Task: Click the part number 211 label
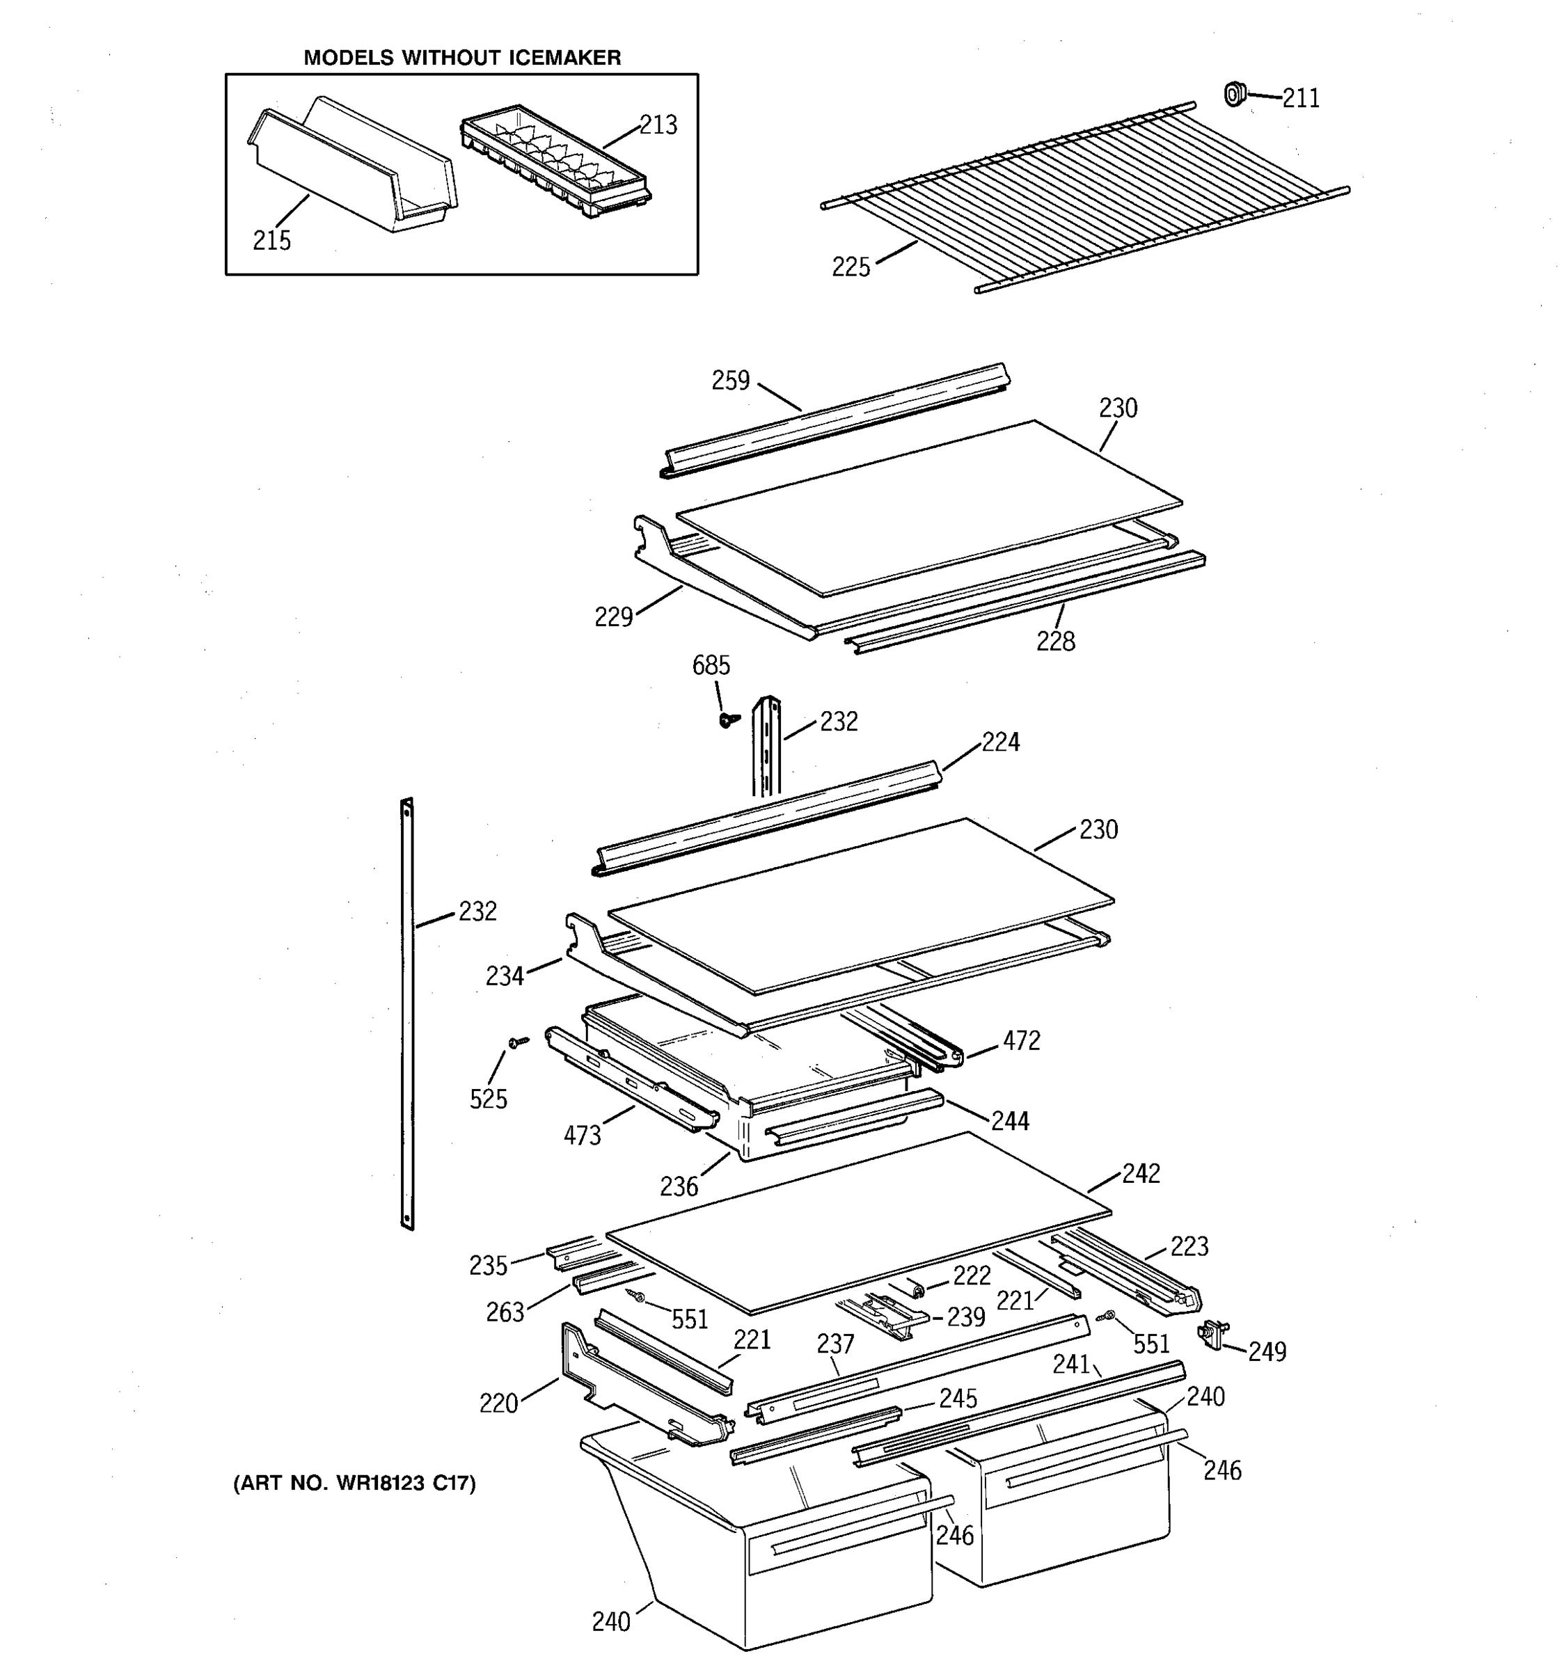coord(1301,99)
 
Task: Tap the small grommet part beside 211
coord(1233,94)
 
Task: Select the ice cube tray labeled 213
coord(555,163)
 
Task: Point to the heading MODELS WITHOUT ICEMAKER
coord(462,58)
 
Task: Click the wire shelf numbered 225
coord(1084,198)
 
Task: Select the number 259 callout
coord(730,381)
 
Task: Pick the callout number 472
coord(1021,1041)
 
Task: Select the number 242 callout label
coord(1141,1174)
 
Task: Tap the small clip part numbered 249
coord(1212,1333)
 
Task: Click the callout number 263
coord(505,1312)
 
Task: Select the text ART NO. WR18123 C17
coord(354,1484)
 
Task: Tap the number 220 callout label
coord(498,1403)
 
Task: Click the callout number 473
coord(583,1136)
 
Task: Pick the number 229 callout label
coord(613,617)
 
